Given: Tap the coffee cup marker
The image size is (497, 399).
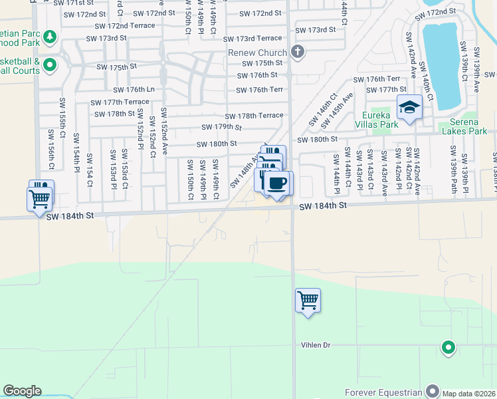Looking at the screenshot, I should pos(277,182).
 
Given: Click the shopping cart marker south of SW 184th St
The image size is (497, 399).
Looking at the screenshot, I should pos(308,301).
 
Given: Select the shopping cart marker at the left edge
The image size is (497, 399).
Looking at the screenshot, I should pos(39,198).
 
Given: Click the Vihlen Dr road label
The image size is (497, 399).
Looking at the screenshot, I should pos(314,345).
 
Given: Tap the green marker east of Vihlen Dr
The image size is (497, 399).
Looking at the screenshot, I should pos(448,346).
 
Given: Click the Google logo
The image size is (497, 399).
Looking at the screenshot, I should pos(22,391).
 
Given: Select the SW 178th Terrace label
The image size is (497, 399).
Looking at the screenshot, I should pos(254,116).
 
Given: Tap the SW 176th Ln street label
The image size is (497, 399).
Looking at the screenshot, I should pos(134,90).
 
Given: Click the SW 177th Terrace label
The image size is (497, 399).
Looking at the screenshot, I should pos(120,102).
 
